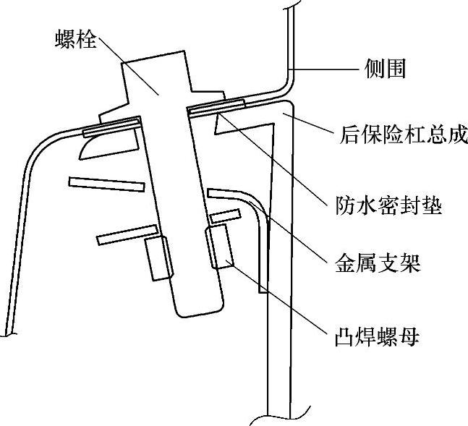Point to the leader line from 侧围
tap(326, 69)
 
